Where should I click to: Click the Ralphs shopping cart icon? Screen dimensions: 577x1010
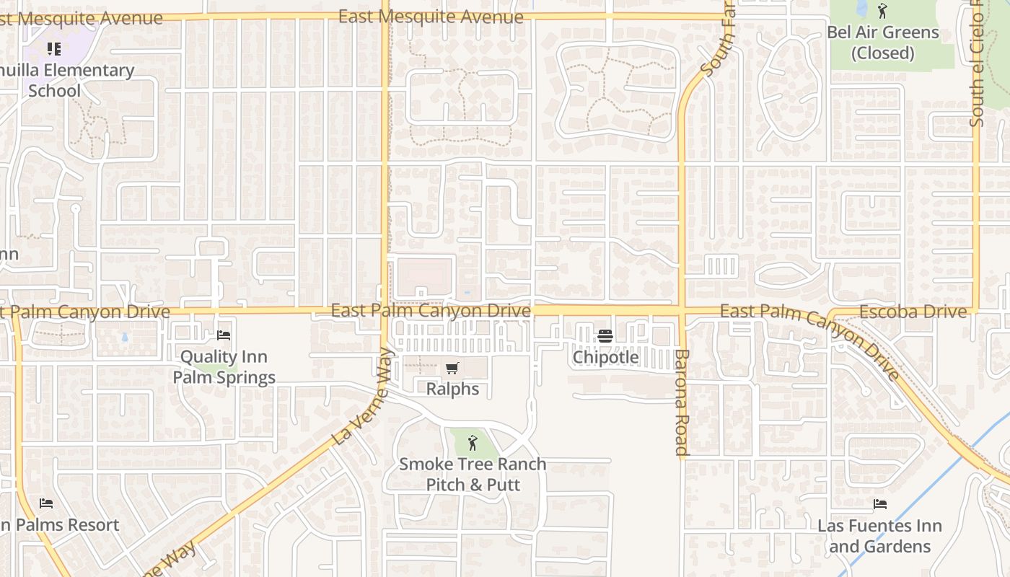(x=452, y=369)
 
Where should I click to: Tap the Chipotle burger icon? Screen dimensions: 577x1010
(x=605, y=336)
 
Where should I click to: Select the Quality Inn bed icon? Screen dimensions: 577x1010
(x=224, y=335)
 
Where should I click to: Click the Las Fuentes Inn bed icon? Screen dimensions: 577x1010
(x=879, y=504)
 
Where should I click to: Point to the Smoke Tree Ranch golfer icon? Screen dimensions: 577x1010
(x=473, y=443)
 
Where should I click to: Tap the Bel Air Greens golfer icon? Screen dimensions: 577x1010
(x=882, y=11)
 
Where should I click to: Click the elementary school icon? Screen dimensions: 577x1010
(x=54, y=49)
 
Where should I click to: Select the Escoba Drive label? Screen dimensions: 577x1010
(x=913, y=312)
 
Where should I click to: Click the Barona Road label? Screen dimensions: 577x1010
(x=682, y=402)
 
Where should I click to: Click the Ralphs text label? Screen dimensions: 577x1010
(x=452, y=389)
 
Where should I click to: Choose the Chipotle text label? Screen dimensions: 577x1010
(x=605, y=357)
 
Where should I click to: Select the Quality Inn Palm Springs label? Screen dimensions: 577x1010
(x=224, y=367)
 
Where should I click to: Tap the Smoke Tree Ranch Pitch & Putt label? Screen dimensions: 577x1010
(x=473, y=474)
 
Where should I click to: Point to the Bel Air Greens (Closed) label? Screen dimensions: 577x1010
(x=882, y=43)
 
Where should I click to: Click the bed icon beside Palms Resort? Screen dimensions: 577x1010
(x=46, y=503)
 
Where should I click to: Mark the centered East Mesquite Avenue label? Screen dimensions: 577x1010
(x=431, y=17)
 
